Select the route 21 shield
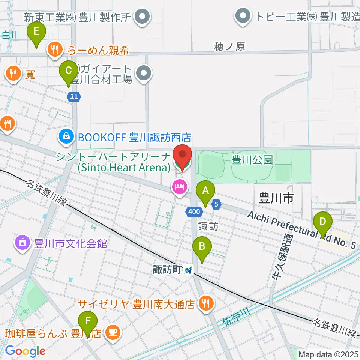click(x=74, y=97)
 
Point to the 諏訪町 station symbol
click(x=189, y=270)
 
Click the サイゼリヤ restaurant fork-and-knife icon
click(x=205, y=303)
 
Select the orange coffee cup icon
click(x=112, y=332)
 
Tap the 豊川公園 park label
click(x=252, y=160)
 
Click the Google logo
click(x=25, y=351)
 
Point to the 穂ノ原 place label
click(x=229, y=46)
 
